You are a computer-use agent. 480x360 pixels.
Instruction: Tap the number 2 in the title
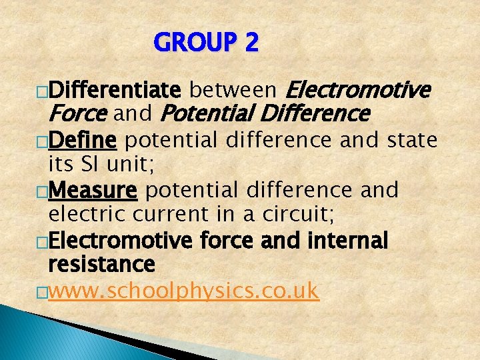251,44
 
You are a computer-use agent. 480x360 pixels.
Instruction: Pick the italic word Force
78,114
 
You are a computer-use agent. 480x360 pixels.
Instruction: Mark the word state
409,141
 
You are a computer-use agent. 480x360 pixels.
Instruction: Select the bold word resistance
101,264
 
